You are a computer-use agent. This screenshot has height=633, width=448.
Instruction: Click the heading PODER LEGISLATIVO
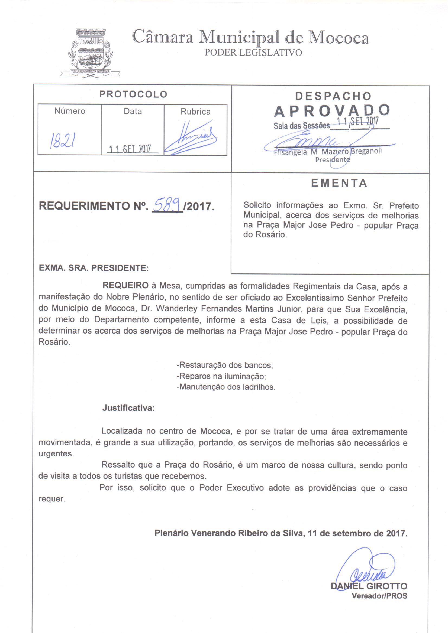[253, 52]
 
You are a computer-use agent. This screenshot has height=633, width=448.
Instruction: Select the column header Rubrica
[195, 112]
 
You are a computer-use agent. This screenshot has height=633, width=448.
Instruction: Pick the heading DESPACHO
[333, 96]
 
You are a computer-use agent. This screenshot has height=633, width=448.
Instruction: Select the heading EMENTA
[339, 183]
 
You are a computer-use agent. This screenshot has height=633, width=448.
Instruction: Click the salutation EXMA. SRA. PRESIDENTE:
[94, 268]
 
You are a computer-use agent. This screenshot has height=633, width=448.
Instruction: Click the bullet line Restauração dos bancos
[225, 365]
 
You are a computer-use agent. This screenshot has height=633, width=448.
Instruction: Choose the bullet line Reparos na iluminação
[221, 376]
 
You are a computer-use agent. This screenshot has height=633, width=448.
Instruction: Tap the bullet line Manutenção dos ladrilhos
[226, 387]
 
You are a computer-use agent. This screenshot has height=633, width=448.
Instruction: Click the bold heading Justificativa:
[128, 408]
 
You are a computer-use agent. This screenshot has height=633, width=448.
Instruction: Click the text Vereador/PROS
[379, 596]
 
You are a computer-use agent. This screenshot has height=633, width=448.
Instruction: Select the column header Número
[70, 111]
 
